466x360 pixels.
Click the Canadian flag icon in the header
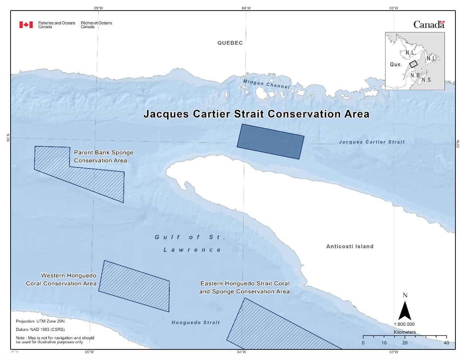[26, 25]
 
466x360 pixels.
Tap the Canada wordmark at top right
[429, 25]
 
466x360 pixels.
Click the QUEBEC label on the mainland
[230, 43]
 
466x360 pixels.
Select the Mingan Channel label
[266, 84]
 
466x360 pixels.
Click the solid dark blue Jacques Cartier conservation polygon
[270, 141]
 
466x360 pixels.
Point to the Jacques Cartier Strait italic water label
[371, 142]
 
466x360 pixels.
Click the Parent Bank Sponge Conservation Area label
[103, 157]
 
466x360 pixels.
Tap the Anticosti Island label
[350, 247]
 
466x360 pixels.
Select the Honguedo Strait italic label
[196, 323]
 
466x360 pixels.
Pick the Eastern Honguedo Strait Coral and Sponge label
[244, 287]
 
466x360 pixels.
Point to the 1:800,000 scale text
[404, 324]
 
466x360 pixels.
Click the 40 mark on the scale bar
[446, 343]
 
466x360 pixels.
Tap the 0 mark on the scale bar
[363, 343]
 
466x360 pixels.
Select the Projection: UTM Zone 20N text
[40, 321]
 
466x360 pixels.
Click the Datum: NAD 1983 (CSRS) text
[40, 329]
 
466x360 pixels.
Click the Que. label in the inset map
[396, 64]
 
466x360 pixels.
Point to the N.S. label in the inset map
[427, 80]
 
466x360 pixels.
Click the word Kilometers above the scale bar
[405, 332]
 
